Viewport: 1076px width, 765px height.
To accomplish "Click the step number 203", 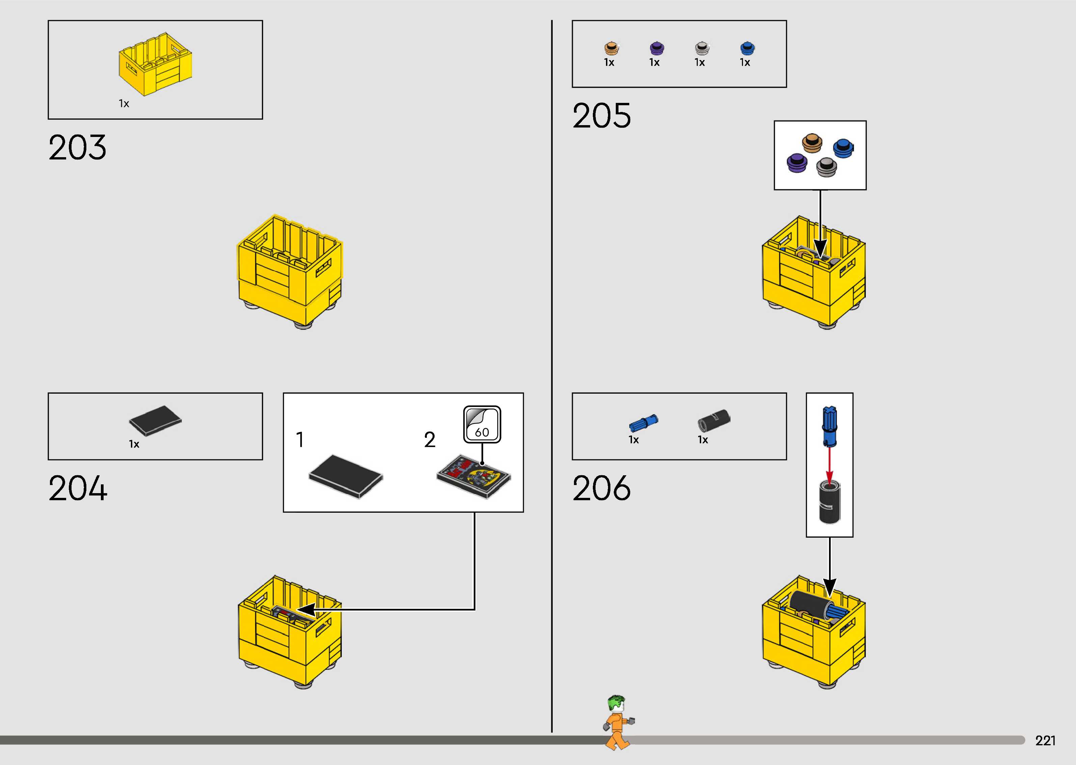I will point(77,147).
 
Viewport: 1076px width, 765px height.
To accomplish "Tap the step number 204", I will point(78,488).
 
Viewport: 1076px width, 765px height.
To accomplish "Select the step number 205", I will point(602,116).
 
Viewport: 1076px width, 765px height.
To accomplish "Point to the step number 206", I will point(602,488).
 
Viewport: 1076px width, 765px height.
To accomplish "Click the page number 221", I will point(1045,740).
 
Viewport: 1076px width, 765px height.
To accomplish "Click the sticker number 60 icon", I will point(482,424).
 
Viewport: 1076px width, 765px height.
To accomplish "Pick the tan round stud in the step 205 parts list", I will point(611,48).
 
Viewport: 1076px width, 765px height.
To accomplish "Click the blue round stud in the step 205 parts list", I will point(747,48).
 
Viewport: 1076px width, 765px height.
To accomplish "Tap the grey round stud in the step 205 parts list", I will point(702,48).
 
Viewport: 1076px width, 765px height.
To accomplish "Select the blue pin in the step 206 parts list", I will point(643,423).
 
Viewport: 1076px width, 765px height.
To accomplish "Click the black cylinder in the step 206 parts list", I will point(713,419).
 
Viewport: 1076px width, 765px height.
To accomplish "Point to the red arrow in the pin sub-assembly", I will point(830,464).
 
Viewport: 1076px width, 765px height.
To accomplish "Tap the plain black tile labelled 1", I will point(346,476).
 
